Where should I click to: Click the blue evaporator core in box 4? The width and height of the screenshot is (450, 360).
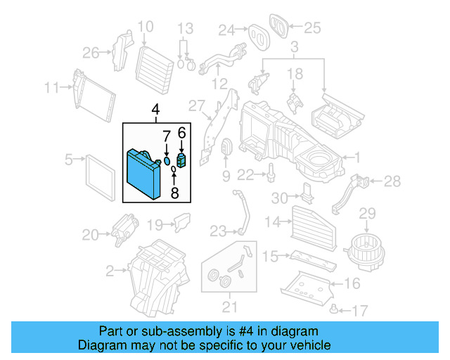[x=143, y=173]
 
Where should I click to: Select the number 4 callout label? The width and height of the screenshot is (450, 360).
[x=155, y=110]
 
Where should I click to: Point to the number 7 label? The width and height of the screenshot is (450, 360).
[x=167, y=135]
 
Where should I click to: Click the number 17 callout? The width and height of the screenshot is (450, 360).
[x=360, y=309]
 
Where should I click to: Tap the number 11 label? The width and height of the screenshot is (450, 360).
[x=51, y=88]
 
